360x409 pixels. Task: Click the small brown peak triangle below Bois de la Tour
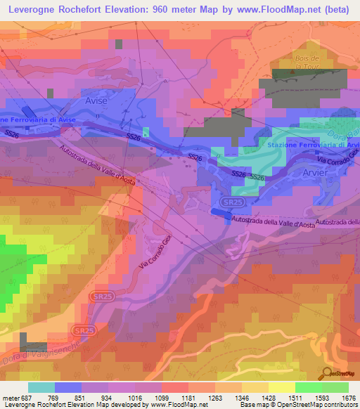point(292,72)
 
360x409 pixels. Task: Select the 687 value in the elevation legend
point(27,398)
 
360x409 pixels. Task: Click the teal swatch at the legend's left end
point(41,387)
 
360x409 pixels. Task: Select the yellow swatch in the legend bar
point(282,387)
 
